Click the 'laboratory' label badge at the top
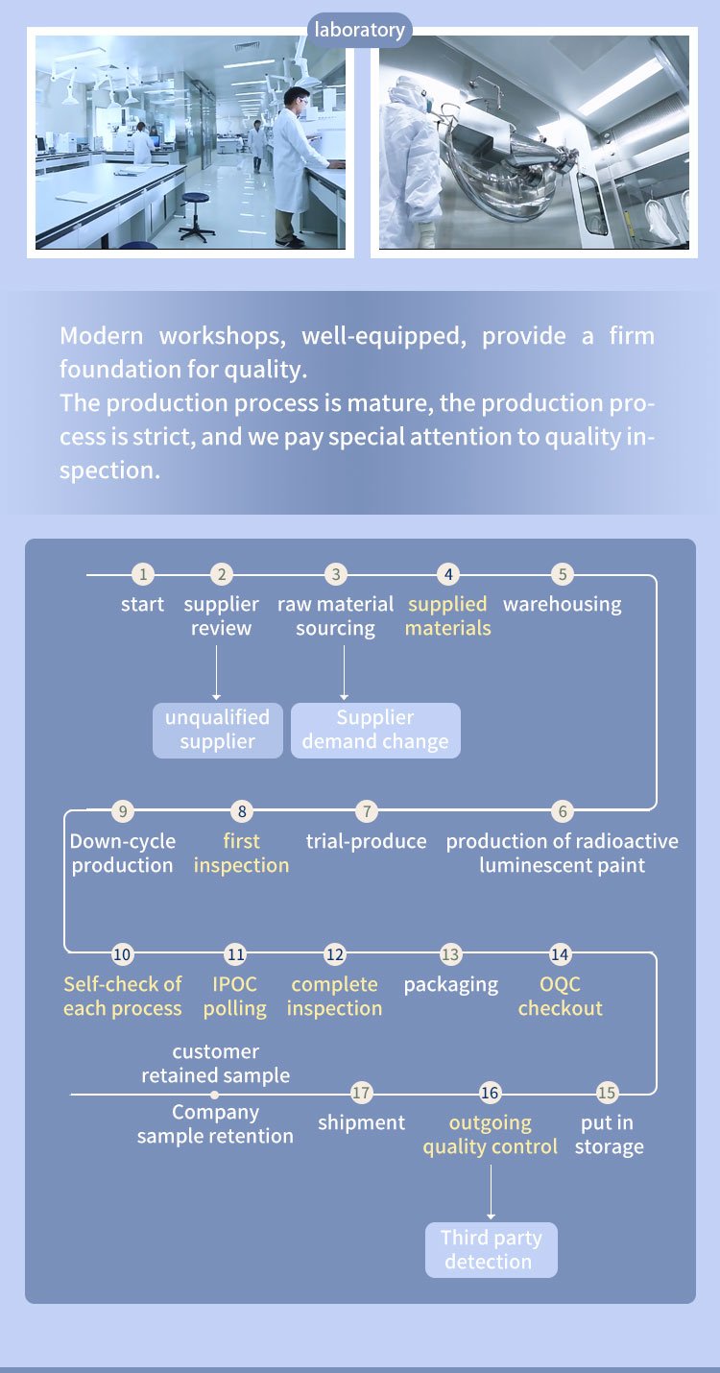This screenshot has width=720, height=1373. point(360,30)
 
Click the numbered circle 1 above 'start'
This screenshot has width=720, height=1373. point(143,574)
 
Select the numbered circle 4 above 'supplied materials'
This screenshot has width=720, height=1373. point(448,574)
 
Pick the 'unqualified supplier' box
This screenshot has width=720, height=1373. point(218,730)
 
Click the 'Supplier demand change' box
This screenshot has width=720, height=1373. point(375,730)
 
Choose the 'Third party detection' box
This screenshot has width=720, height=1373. point(491,1250)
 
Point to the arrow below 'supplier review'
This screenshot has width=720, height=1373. point(216,672)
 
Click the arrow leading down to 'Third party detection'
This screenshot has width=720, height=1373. point(491,1192)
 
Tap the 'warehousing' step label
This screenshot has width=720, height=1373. point(562,604)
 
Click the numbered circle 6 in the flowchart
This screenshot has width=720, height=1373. point(562,811)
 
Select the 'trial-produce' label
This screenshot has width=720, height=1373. point(366,841)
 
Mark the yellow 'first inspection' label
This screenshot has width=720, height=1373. point(241,853)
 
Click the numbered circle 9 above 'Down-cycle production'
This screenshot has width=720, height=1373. point(123,811)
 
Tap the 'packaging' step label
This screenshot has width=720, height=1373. point(451,985)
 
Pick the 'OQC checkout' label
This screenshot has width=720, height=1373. point(560,996)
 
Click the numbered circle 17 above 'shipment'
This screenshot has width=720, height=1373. point(361,1093)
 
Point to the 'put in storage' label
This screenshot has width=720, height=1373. point(609,1135)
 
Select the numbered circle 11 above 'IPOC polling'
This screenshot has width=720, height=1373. point(235,953)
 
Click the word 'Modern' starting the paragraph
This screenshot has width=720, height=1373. point(101,335)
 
